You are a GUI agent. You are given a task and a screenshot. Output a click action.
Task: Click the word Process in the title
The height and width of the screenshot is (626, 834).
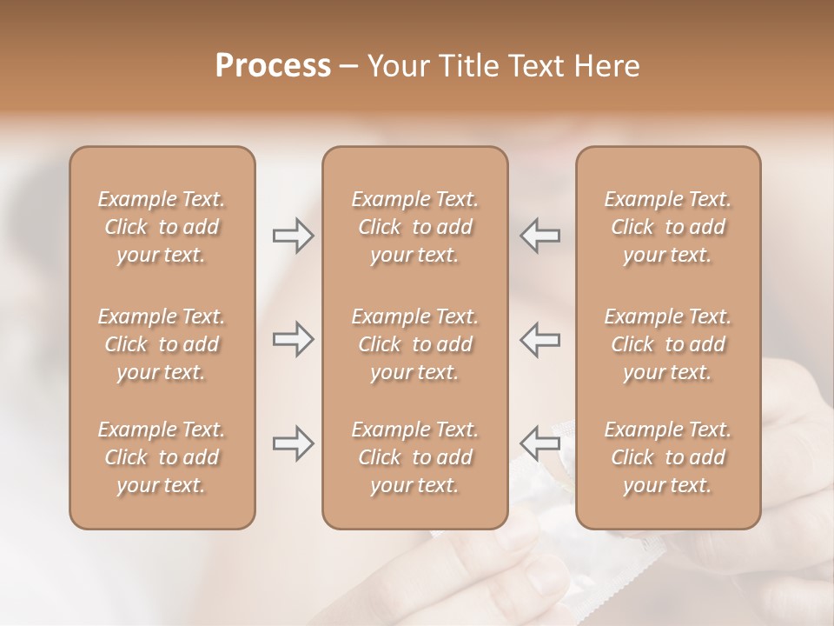pos(273,66)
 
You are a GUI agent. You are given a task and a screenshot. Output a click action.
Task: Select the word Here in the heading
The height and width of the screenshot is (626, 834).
pos(607,66)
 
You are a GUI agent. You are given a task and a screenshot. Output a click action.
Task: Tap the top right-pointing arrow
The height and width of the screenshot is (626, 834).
pos(293,236)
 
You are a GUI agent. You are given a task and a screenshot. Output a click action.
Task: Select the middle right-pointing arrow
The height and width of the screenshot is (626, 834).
pos(293,339)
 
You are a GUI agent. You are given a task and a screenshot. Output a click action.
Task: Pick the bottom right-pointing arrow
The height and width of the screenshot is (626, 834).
pos(293,443)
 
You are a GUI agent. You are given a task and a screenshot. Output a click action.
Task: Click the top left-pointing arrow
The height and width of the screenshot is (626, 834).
pos(540,236)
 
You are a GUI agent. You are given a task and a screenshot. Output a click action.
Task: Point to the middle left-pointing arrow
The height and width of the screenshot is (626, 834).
pos(540,339)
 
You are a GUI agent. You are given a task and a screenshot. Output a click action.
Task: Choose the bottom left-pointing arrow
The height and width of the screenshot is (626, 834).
pos(540,443)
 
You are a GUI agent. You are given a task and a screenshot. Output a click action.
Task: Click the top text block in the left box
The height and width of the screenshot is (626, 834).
pos(162,227)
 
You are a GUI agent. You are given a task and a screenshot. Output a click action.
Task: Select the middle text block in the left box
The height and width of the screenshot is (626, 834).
pos(162,344)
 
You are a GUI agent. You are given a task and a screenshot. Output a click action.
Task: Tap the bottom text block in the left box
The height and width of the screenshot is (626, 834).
pos(162,457)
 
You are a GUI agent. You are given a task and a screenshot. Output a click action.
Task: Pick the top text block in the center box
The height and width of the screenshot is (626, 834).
pos(414,227)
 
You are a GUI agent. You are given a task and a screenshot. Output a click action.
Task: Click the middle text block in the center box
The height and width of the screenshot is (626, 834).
pos(414,344)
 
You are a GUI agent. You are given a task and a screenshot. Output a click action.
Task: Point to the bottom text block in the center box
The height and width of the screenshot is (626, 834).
pos(414,457)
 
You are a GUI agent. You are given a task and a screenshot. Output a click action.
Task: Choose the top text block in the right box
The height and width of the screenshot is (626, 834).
pos(668,227)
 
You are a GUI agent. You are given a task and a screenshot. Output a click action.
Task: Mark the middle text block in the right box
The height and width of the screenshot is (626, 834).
pos(668,344)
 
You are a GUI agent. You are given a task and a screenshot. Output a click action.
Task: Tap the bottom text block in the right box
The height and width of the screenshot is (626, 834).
pos(668,457)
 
